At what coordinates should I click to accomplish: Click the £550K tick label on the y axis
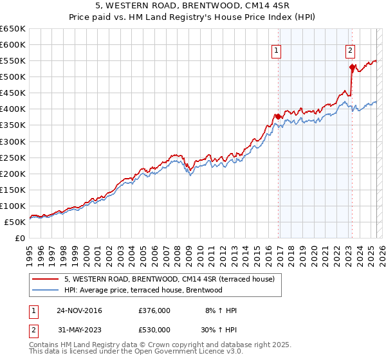13,61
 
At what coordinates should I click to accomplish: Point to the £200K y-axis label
13,174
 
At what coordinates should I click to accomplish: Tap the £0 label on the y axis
20,238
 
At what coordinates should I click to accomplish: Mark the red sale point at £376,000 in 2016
278,116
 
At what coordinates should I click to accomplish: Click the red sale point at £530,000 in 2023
352,67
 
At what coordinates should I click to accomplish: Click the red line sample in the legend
46,279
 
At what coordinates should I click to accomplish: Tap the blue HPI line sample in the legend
46,290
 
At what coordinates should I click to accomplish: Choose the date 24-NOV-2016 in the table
79,310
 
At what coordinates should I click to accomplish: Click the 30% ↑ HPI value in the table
219,330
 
